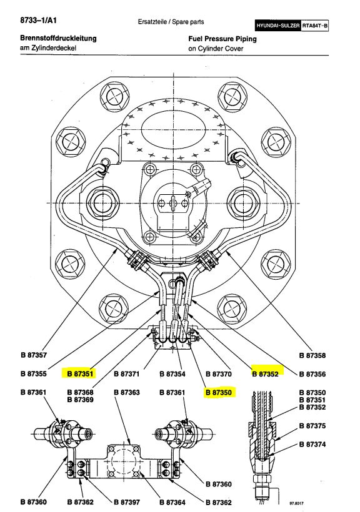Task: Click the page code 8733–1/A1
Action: click(x=38, y=20)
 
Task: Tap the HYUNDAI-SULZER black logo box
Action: click(x=278, y=26)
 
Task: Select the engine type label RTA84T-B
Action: click(x=314, y=26)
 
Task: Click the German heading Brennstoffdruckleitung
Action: click(x=58, y=38)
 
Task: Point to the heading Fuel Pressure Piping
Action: click(x=222, y=39)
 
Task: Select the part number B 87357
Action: click(x=34, y=355)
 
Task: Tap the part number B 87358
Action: click(x=312, y=355)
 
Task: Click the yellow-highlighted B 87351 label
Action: click(x=80, y=373)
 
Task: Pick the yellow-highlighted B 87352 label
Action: click(x=265, y=374)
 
